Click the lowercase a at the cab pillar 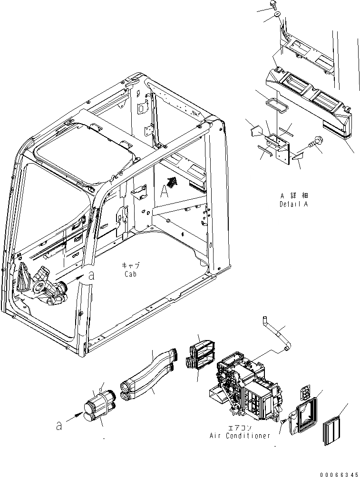click(92, 275)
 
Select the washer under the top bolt click(277, 17)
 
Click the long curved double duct click(147, 376)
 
